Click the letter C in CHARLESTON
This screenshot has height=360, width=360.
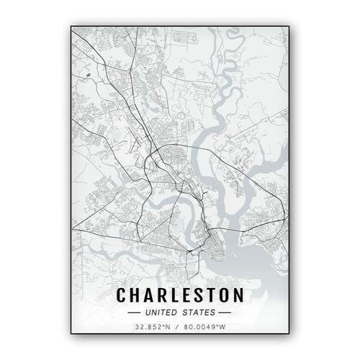122,296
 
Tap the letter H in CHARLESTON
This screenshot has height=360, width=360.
137,296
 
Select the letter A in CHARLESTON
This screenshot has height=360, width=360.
150,296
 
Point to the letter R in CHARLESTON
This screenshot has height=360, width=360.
164,296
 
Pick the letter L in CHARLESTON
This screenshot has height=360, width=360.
177,296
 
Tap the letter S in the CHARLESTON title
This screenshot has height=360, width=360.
201,296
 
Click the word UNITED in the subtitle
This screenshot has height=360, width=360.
160,313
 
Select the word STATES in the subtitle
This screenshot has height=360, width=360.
199,313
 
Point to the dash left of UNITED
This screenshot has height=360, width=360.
135,313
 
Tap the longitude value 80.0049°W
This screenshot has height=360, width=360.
204,329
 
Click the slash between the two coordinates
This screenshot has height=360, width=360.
177,329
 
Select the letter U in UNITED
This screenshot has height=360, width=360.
147,313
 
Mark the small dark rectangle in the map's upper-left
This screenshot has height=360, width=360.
87,73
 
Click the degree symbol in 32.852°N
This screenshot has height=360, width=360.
165,328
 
